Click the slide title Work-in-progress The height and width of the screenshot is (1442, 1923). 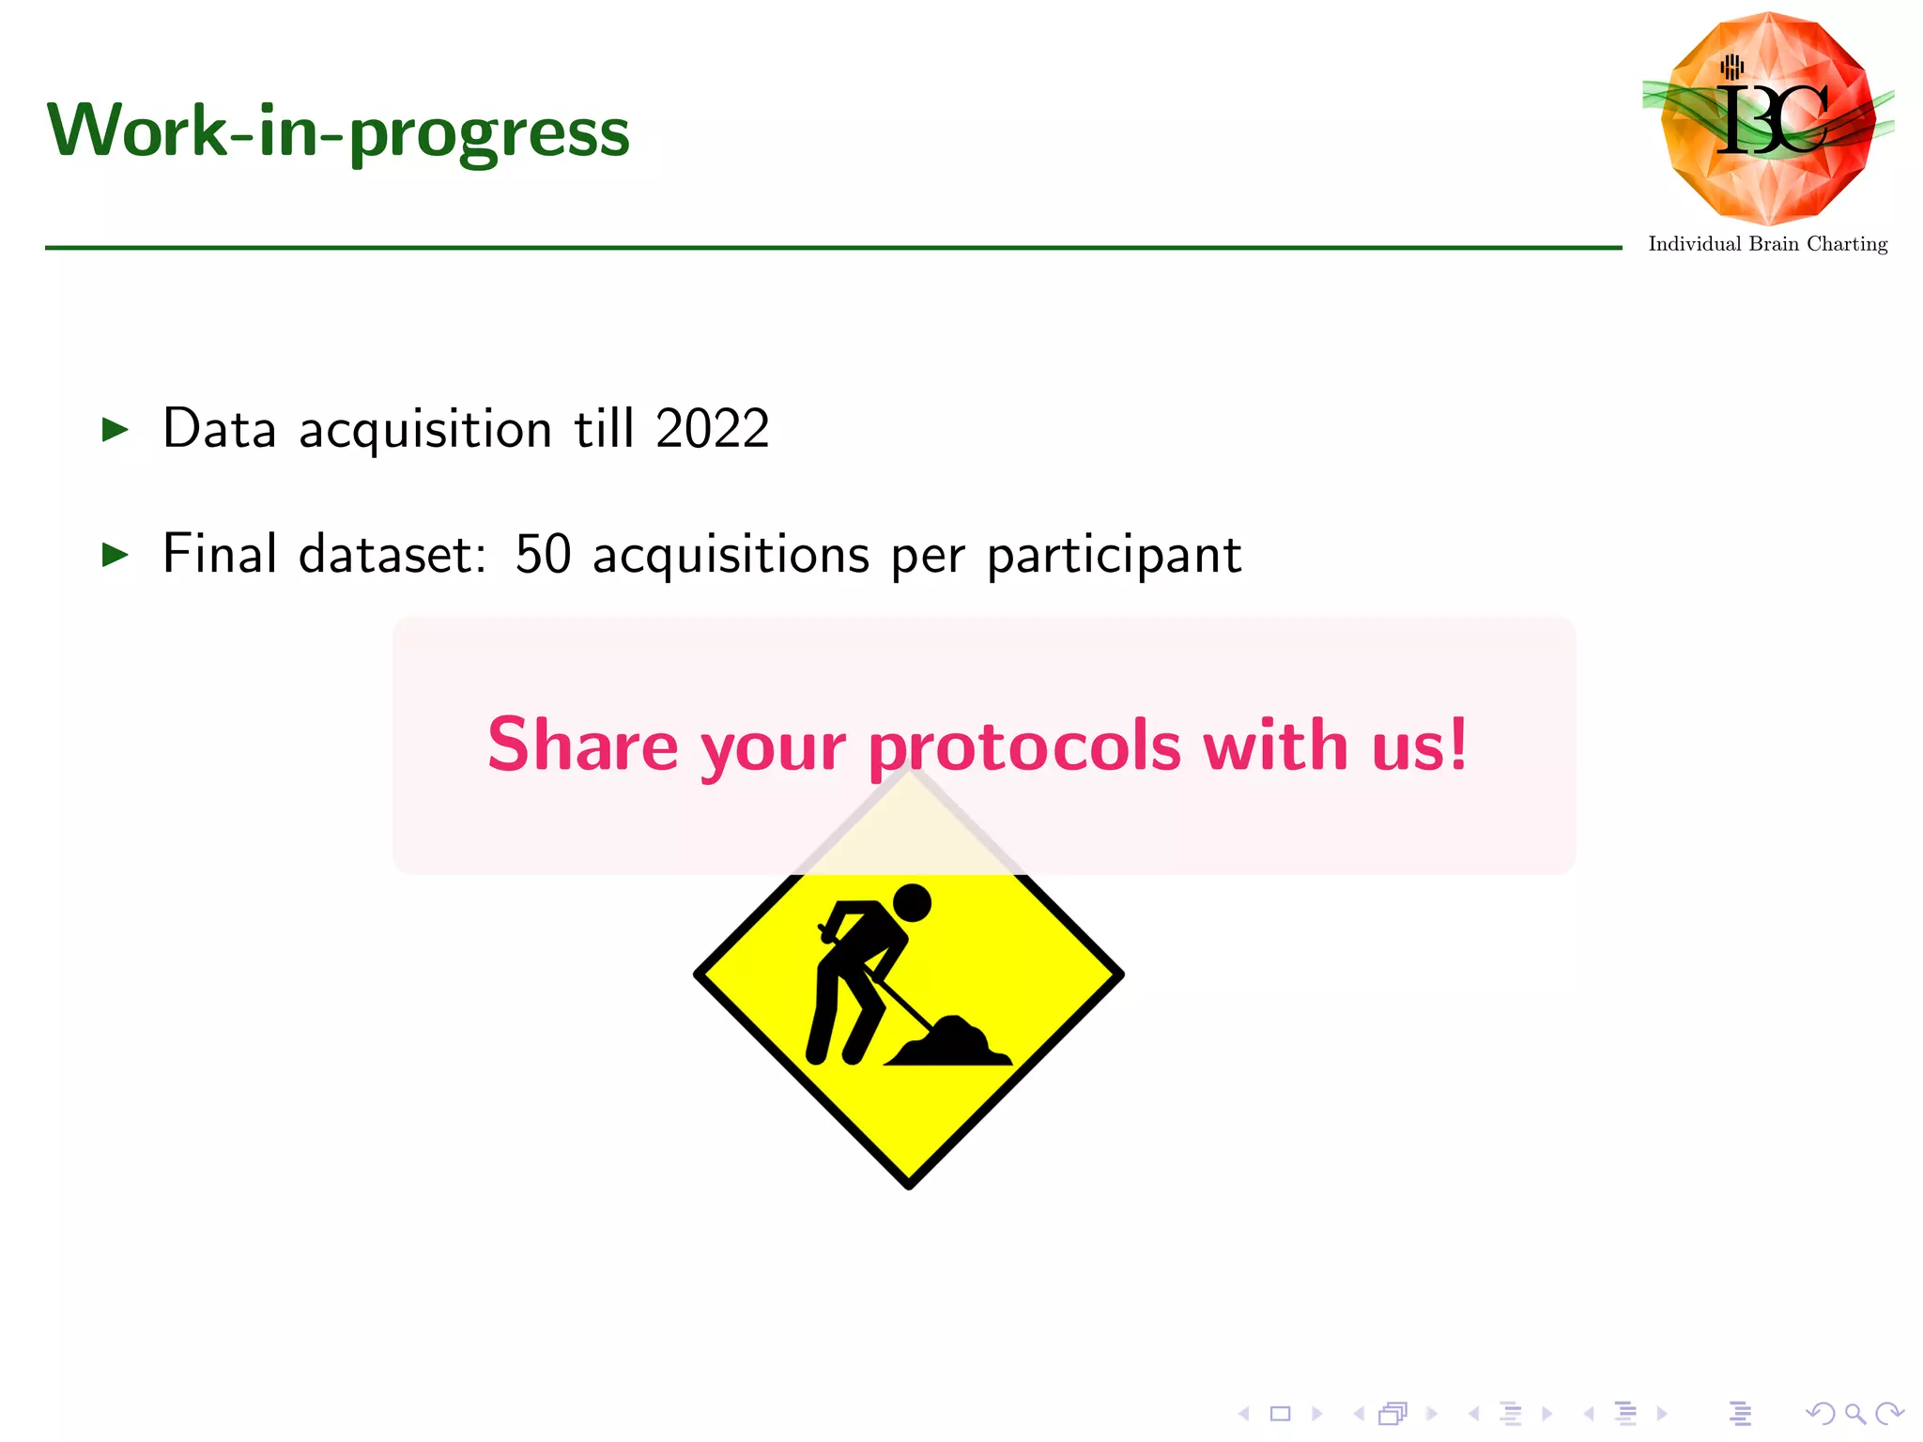pos(338,131)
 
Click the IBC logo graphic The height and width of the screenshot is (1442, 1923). pos(1769,118)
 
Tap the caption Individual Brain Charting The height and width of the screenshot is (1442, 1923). pos(1768,244)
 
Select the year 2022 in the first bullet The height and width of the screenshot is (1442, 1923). pos(713,429)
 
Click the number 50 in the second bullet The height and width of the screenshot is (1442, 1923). pos(543,554)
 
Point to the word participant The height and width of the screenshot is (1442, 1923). pos(1115,556)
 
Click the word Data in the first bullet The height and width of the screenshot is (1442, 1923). pos(219,429)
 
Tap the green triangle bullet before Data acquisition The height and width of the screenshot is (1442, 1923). pos(115,430)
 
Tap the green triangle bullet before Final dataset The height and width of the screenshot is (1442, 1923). pos(115,555)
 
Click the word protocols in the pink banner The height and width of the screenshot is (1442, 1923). pos(1024,747)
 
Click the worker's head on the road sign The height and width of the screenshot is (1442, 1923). pos(911,903)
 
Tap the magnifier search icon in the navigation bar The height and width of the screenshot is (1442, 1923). pos(1854,1413)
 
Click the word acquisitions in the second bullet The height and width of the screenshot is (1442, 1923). pos(731,556)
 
